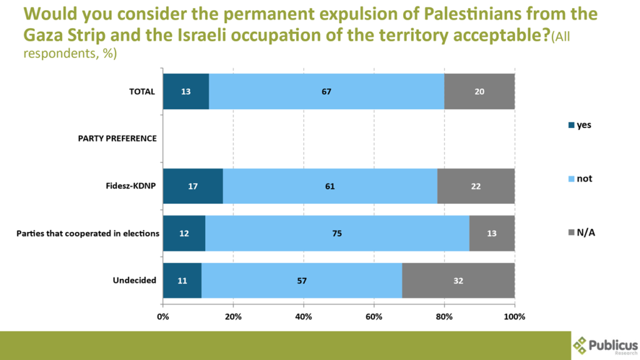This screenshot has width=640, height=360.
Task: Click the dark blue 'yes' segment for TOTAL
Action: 186,91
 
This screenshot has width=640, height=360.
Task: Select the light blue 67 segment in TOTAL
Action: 326,91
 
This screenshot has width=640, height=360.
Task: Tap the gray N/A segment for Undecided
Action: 458,281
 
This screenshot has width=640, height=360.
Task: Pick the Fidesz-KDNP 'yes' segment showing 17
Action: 192,186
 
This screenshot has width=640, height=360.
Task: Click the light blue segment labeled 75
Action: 337,233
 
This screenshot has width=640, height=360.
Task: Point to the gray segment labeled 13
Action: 492,233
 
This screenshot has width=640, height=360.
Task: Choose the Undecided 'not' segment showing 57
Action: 301,281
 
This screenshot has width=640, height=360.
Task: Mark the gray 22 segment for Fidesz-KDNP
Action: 476,186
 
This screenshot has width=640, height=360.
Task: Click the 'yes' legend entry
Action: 579,125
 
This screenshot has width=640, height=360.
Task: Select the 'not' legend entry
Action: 579,179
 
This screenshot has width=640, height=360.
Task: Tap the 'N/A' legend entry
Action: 581,232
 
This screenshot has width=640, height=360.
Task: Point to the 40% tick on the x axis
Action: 304,316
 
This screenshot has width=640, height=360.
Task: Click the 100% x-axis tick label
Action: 514,316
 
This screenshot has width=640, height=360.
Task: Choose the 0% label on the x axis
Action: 163,316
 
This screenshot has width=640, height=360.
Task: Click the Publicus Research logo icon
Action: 581,344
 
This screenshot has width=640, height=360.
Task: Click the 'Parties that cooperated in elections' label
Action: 87,233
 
